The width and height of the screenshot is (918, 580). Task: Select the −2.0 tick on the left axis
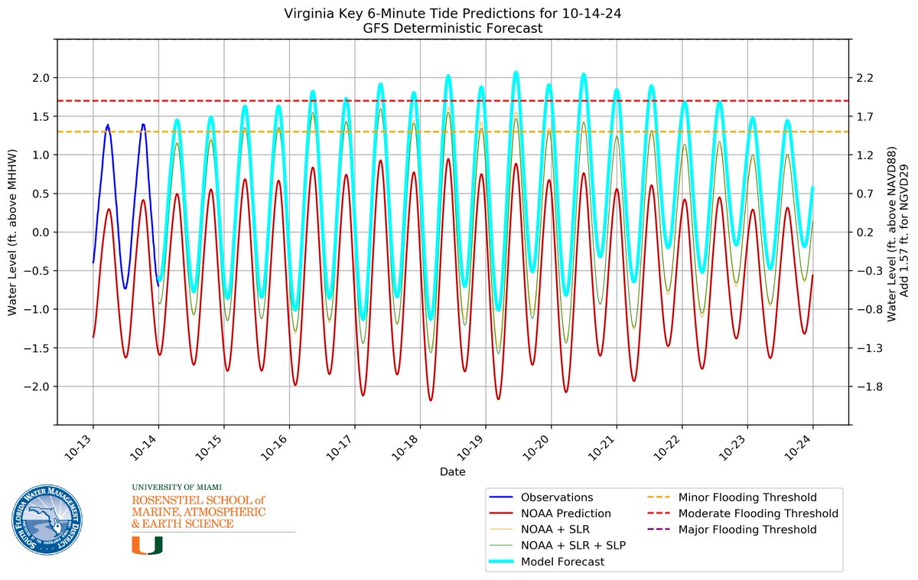(x=37, y=386)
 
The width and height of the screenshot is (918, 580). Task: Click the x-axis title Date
(x=452, y=472)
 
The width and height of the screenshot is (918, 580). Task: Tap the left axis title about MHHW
(x=12, y=232)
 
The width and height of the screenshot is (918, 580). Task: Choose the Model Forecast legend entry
(x=562, y=562)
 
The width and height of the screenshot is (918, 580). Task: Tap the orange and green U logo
(x=147, y=544)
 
